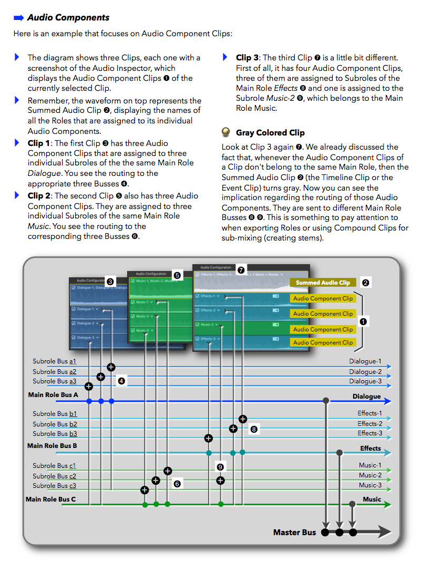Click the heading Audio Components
click(68, 17)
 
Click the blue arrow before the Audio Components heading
click(19, 17)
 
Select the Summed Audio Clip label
click(322, 283)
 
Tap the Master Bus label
click(294, 533)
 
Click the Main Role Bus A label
click(53, 394)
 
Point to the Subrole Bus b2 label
click(55, 424)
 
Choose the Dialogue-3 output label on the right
click(365, 381)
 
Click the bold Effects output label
click(370, 449)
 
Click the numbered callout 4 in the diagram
click(121, 381)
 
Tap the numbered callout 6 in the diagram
click(177, 484)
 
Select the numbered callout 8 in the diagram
click(254, 429)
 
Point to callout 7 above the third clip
click(241, 270)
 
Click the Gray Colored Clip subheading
click(270, 133)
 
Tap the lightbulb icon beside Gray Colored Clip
click(226, 132)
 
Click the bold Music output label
click(372, 499)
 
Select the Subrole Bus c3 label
click(55, 486)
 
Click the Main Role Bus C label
click(51, 499)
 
